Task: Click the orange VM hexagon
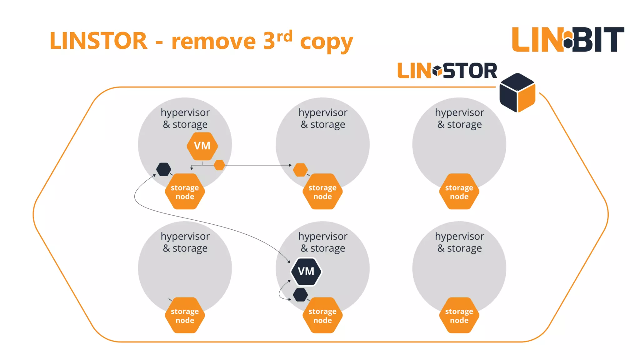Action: point(202,146)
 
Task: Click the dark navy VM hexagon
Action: point(306,271)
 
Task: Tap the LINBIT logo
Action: point(568,40)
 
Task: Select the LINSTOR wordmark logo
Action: point(447,71)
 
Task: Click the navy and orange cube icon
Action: point(517,93)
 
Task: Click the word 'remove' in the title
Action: point(214,41)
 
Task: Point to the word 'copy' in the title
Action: point(326,42)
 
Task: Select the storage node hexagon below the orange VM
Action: point(185,192)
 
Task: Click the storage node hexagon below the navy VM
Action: point(322,315)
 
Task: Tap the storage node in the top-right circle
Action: point(459,192)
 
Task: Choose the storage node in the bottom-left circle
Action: point(185,315)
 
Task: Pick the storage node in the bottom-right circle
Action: point(459,315)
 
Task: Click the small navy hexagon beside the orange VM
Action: point(163,169)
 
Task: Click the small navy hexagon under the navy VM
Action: point(300,295)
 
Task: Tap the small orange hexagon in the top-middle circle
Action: point(300,170)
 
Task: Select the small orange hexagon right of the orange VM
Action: point(219,165)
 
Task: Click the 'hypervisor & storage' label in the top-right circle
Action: point(459,118)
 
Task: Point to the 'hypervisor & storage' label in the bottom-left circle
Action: point(185,242)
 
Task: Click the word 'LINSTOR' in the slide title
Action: point(98,41)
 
